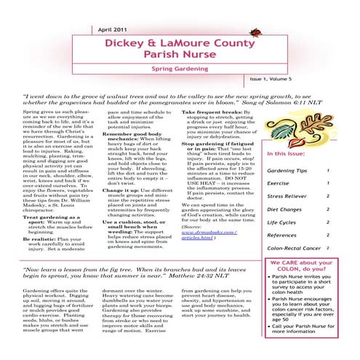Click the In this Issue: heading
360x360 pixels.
click(289, 135)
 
